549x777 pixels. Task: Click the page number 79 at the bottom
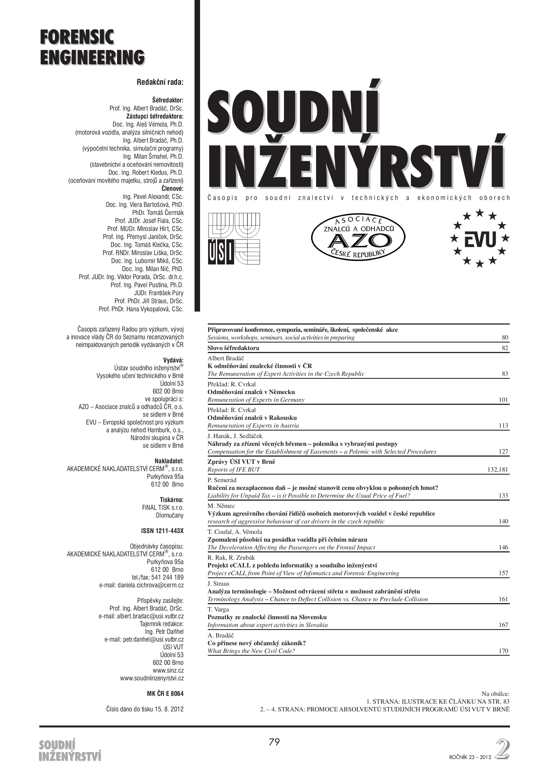point(274,742)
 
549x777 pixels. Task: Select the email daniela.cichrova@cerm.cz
point(141,585)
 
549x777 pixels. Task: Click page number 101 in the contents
point(503,400)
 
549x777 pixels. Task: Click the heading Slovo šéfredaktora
point(233,348)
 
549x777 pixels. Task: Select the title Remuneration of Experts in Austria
point(253,426)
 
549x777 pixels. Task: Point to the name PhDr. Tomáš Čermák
point(158,212)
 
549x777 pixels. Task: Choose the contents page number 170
point(503,651)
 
